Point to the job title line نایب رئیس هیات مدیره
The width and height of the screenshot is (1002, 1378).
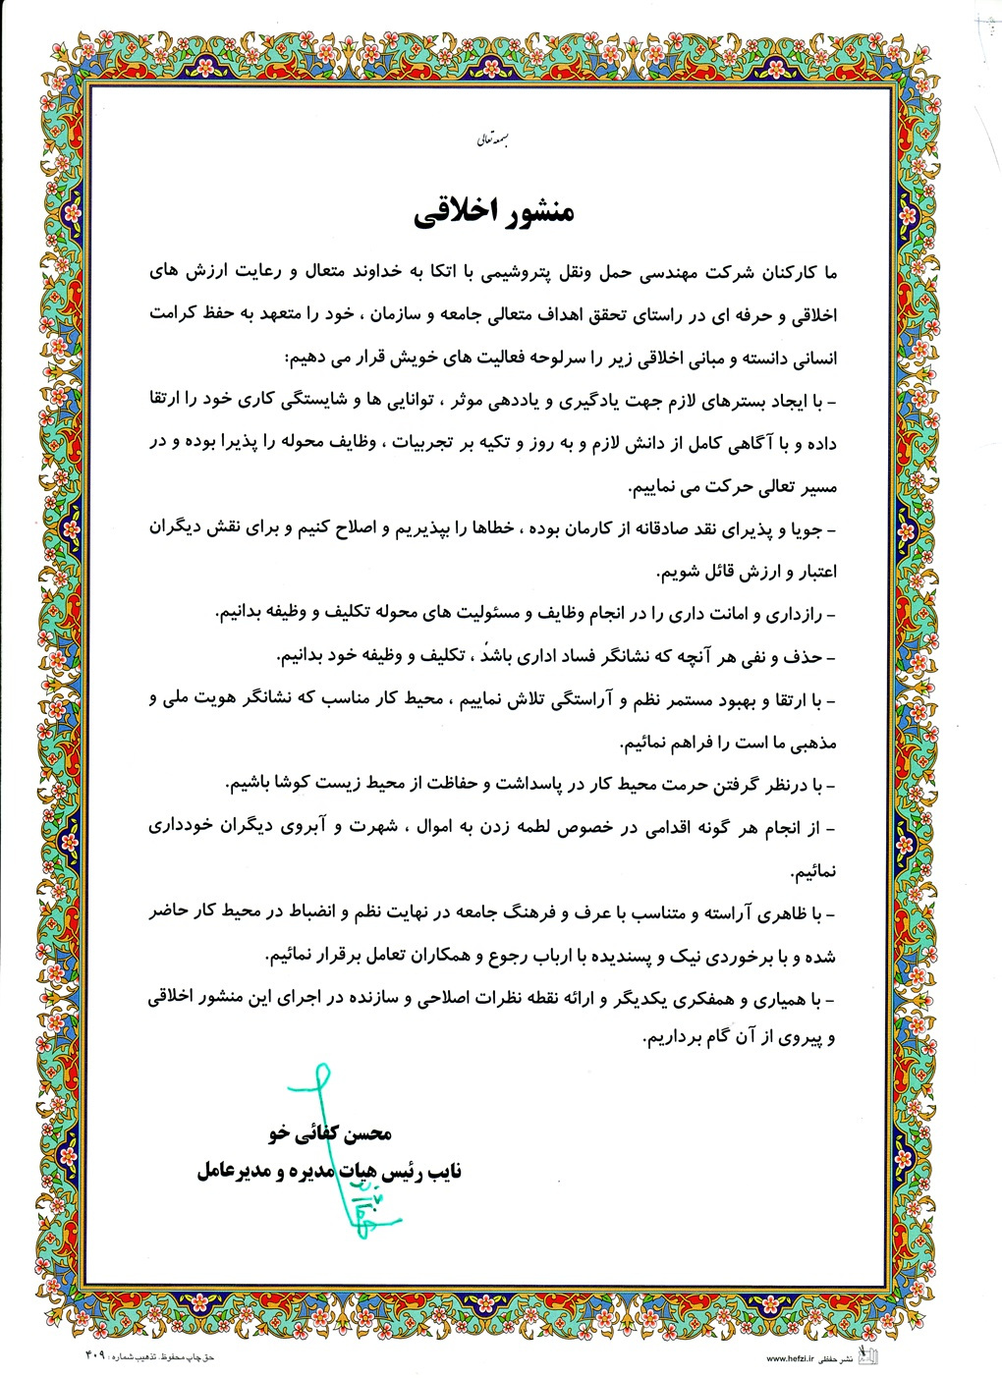tap(330, 1171)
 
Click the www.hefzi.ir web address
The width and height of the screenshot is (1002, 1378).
tap(793, 1357)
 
